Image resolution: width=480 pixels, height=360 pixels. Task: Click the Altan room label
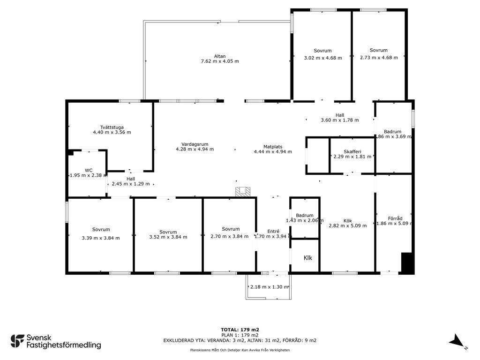(x=220, y=56)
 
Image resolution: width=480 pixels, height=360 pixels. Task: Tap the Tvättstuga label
(x=112, y=127)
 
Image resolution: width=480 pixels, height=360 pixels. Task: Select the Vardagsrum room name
(x=195, y=144)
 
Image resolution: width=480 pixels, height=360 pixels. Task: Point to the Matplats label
(x=273, y=147)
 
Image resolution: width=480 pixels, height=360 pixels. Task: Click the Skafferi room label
(x=352, y=151)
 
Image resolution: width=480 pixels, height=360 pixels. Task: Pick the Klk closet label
(x=307, y=258)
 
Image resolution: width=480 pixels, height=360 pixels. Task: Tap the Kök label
(x=347, y=221)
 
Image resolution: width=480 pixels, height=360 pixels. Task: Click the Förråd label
(x=395, y=218)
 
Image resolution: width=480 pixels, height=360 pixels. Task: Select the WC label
(x=89, y=171)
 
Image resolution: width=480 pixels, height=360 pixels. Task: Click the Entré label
(x=273, y=232)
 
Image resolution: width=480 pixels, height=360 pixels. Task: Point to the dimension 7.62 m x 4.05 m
(x=220, y=61)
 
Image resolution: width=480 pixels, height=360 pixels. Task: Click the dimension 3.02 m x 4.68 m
(x=323, y=58)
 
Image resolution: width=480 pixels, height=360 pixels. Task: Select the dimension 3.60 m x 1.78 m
(x=340, y=120)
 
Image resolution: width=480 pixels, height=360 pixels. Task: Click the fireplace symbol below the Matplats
(x=243, y=192)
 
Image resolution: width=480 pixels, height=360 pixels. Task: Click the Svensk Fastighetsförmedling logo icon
(x=17, y=341)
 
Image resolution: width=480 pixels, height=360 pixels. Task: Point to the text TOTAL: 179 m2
(x=240, y=330)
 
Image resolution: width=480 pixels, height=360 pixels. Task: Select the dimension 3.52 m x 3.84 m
(x=168, y=237)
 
